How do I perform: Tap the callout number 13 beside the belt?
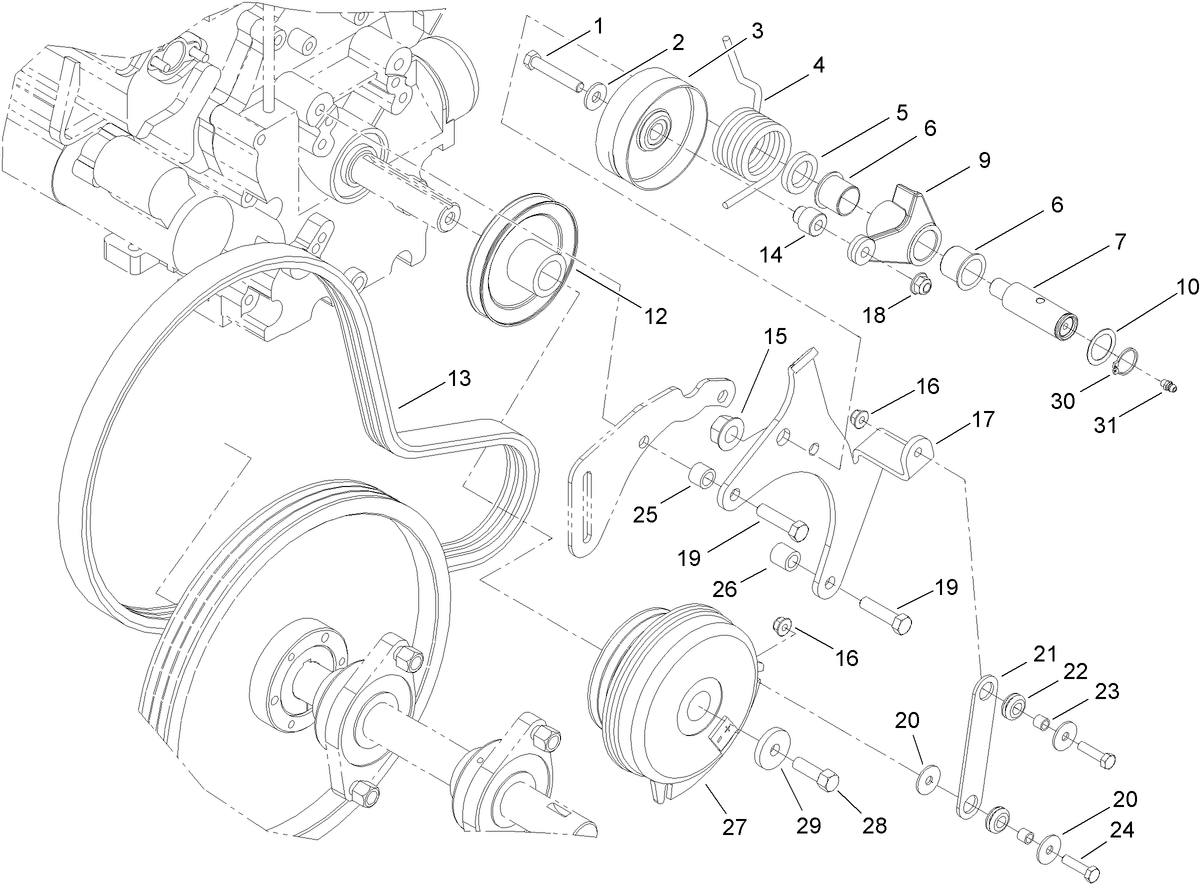click(x=459, y=380)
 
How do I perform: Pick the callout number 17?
click(x=983, y=419)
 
